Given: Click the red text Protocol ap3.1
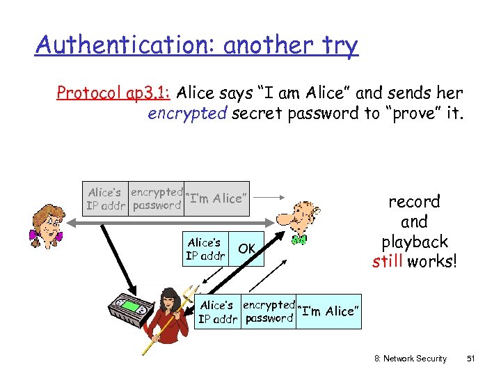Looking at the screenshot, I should click(x=114, y=93).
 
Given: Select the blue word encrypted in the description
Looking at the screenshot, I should click(x=186, y=113).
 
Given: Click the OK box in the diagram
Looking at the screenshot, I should click(x=247, y=249).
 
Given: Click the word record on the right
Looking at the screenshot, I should click(x=414, y=202).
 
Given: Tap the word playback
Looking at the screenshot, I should click(x=414, y=243).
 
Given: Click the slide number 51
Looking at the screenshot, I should click(x=470, y=359).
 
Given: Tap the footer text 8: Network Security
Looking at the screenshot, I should click(x=411, y=359).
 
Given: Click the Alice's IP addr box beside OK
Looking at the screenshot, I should click(x=205, y=249).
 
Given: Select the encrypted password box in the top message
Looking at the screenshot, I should click(x=157, y=198).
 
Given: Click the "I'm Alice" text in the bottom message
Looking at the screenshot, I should click(x=330, y=311).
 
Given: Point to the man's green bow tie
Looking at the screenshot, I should click(x=300, y=240).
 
